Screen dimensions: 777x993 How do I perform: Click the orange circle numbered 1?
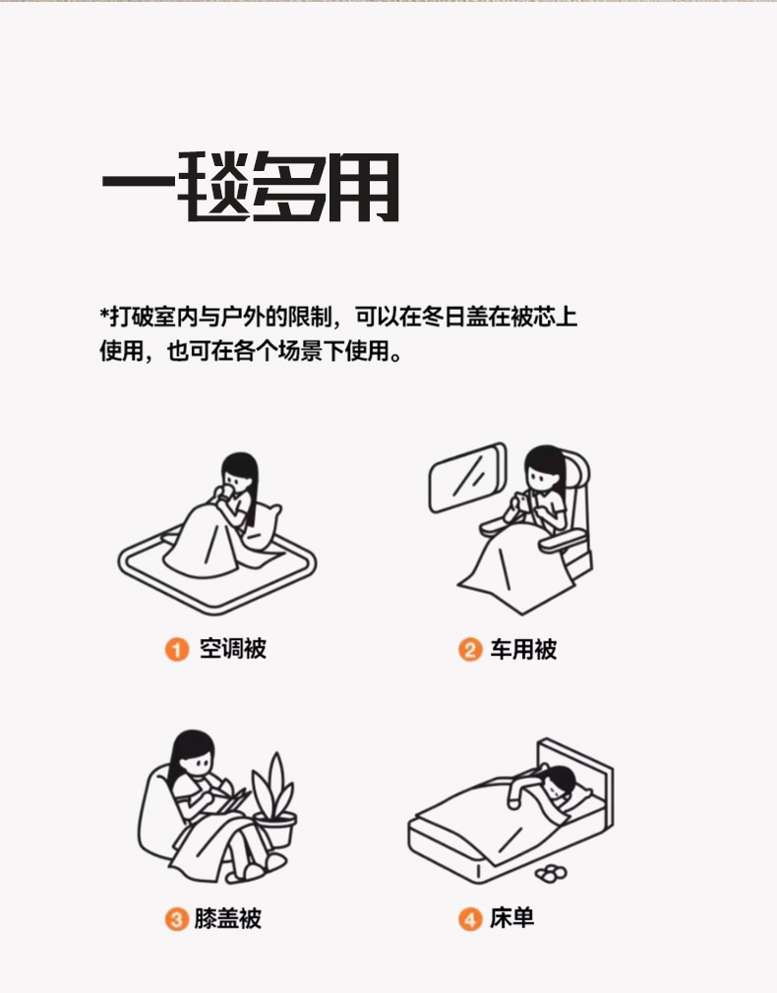177,649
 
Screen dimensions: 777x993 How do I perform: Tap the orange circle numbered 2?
470,650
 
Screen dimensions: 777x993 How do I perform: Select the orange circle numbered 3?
177,919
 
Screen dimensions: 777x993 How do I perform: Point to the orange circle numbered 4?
470,919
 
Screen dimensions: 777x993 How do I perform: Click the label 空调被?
232,649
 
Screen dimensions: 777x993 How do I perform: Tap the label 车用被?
523,649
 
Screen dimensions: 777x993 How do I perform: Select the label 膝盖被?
227,918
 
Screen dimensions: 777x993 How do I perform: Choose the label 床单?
511,917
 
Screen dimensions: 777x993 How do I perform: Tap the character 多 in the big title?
290,188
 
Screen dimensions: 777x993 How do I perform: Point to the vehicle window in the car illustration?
468,477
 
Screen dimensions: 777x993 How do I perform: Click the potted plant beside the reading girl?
274,800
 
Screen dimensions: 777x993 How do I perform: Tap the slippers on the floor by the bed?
551,873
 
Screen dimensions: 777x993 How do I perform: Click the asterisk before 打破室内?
104,313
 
